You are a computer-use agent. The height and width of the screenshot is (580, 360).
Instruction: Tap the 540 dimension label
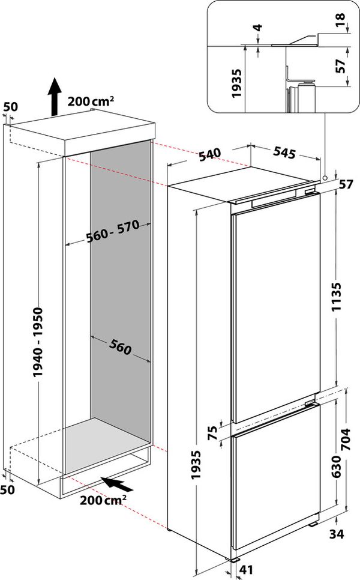click(x=210, y=154)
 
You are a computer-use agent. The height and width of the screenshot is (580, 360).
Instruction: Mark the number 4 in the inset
click(x=257, y=28)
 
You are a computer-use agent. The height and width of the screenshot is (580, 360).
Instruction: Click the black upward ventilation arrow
click(x=53, y=95)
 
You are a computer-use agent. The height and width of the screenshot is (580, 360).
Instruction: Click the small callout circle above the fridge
click(x=325, y=178)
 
